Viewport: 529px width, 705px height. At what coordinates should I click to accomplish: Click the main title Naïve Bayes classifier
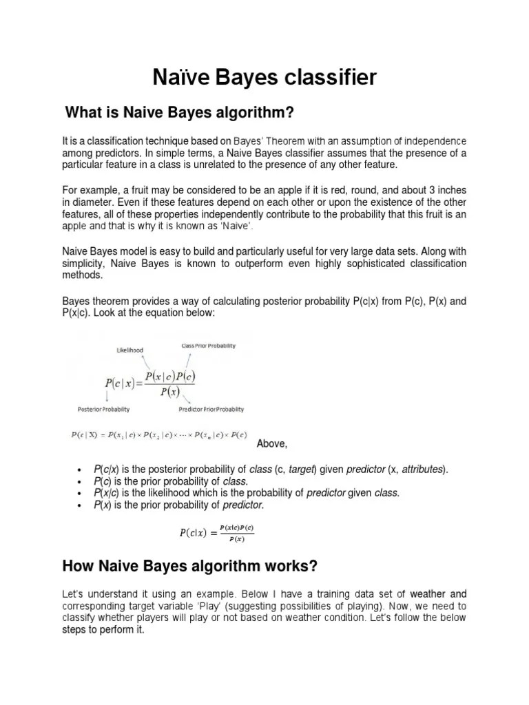coord(264,77)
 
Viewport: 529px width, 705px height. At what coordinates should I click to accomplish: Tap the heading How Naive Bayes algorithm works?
coord(190,566)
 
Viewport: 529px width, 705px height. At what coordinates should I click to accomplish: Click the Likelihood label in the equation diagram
coord(129,350)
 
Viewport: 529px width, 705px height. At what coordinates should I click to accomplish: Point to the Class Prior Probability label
coord(208,346)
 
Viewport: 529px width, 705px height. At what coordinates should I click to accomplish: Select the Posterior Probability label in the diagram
coord(103,409)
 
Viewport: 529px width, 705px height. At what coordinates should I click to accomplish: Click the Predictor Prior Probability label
coord(211,409)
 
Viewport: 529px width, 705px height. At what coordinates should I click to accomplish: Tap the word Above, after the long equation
coord(271,443)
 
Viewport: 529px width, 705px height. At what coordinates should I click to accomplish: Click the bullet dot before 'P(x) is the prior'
coord(81,506)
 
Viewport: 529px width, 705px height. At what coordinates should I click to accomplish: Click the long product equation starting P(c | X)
coord(158,435)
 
